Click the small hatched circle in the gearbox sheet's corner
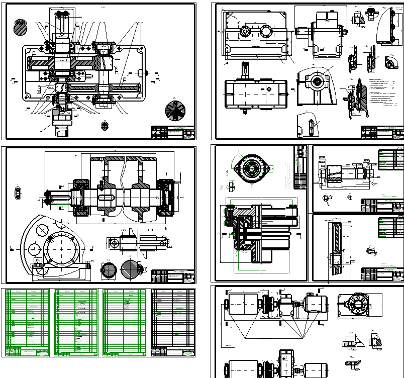coord(20,26)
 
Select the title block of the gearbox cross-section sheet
coord(173,133)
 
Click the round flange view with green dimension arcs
coord(250,169)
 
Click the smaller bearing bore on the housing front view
coord(245,31)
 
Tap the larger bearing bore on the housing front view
coord(265,31)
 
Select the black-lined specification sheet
coord(173,322)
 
